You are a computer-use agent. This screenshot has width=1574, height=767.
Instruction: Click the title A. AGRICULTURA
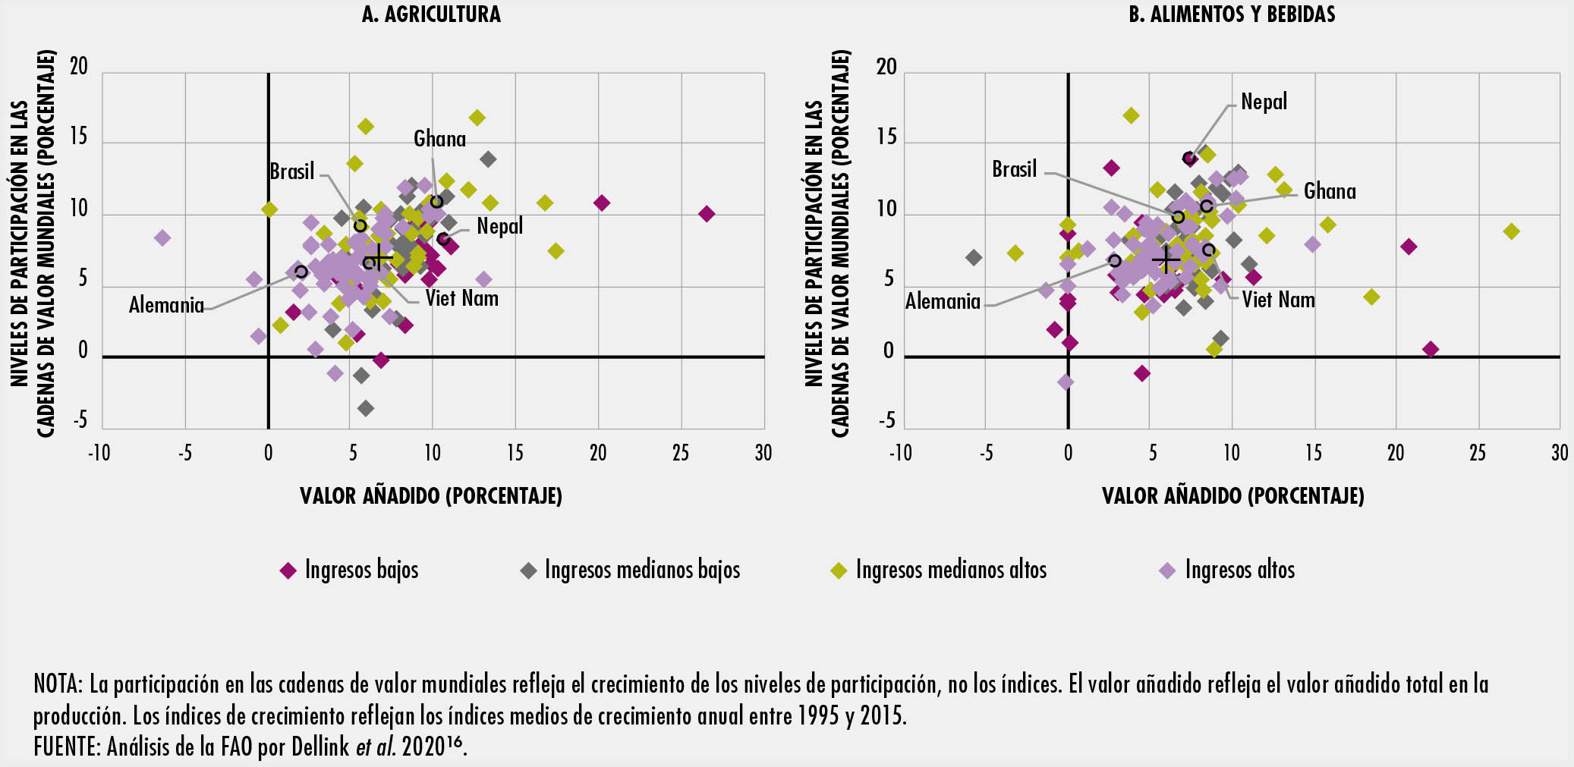click(431, 14)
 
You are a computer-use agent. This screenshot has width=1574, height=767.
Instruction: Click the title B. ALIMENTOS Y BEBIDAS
click(1232, 14)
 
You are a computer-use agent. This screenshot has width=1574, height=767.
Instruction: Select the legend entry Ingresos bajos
click(360, 570)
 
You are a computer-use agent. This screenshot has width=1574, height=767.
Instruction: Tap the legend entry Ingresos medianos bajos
click(641, 570)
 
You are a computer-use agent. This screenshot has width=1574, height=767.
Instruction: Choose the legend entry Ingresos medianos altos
click(950, 570)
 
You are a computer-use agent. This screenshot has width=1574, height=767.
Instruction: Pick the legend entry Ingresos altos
click(1239, 570)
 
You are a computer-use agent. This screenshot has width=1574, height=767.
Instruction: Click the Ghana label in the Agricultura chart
click(439, 139)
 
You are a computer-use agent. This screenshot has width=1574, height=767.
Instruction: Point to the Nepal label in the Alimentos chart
click(1264, 102)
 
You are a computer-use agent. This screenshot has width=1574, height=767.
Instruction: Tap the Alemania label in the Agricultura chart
click(166, 305)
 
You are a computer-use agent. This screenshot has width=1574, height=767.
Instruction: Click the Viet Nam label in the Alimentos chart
click(1278, 300)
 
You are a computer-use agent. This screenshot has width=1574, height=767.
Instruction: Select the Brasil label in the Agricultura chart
click(291, 171)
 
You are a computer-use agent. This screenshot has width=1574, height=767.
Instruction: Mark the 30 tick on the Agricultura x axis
click(763, 453)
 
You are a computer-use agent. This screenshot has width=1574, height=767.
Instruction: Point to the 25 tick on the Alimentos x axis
click(1477, 453)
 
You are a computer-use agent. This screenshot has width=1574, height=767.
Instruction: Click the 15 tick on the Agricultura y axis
click(79, 137)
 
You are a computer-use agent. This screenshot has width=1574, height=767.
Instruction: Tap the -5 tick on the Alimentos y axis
click(886, 421)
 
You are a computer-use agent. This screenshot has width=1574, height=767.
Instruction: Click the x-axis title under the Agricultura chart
click(431, 496)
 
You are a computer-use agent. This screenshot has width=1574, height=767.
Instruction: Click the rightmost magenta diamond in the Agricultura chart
click(707, 214)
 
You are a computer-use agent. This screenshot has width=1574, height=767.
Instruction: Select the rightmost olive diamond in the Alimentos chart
click(1511, 231)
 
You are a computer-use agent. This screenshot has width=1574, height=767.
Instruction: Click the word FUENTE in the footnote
click(66, 747)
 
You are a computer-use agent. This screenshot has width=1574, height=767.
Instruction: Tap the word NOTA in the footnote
click(57, 684)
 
